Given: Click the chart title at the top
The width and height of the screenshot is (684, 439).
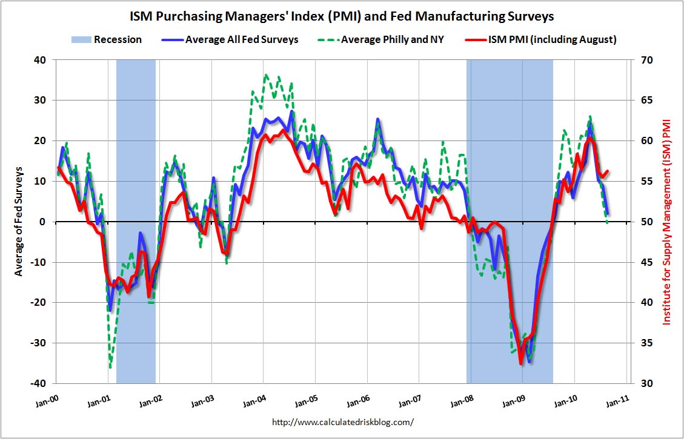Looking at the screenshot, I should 342,15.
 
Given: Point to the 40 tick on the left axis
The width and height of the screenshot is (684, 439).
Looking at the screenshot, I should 41,60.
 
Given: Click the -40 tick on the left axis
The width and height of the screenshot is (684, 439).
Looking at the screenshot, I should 39,383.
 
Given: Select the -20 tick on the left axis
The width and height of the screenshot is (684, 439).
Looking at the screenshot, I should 39,303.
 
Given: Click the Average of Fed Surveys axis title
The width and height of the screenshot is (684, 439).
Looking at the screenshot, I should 19,222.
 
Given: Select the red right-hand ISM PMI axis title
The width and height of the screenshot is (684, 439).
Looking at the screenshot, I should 667,222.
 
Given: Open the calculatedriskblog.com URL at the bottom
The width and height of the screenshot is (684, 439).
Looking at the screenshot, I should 342,421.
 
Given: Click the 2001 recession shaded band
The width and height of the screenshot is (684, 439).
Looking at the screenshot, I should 136,182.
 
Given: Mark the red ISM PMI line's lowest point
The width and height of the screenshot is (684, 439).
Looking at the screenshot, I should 520,363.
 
